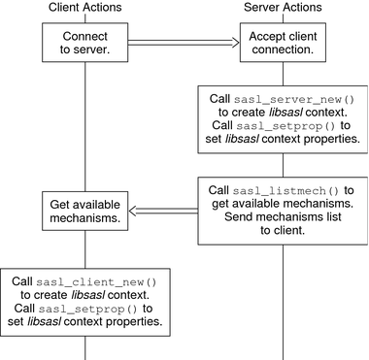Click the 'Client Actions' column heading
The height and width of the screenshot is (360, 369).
[x=85, y=9]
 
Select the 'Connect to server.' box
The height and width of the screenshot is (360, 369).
[x=85, y=43]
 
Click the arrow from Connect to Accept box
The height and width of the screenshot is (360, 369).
[x=184, y=43]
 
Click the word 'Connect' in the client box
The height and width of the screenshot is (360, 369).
[x=85, y=36]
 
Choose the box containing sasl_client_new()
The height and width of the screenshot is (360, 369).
[x=85, y=302]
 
